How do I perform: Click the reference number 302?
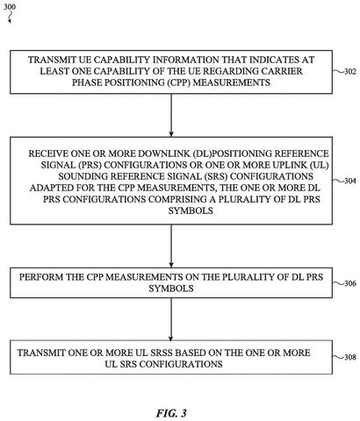350,72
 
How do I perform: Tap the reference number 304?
350,181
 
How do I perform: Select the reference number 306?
350,283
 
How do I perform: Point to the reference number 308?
350,357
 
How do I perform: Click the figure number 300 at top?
10,6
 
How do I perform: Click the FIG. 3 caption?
171,413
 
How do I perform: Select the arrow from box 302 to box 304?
171,115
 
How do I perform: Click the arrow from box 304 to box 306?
171,246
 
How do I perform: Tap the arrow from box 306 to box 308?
171,319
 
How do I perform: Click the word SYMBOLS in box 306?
171,289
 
